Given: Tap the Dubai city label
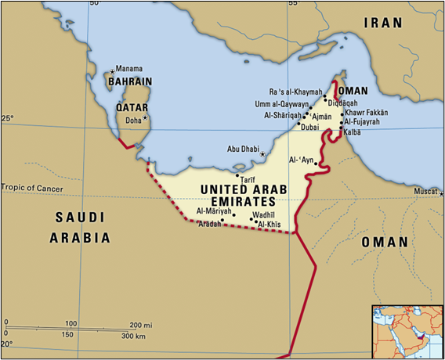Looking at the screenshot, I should (x=309, y=127).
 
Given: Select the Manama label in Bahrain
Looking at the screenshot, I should (x=131, y=69).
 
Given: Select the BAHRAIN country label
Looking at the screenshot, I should (x=129, y=81).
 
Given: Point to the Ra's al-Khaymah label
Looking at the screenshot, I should (x=294, y=92).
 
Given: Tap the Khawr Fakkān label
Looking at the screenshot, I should (x=367, y=113).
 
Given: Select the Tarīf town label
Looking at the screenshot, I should (x=248, y=180).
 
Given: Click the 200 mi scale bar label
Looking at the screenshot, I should (x=141, y=324).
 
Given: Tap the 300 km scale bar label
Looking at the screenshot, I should (x=133, y=336).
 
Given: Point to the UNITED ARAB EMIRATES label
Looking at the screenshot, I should (x=244, y=195).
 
